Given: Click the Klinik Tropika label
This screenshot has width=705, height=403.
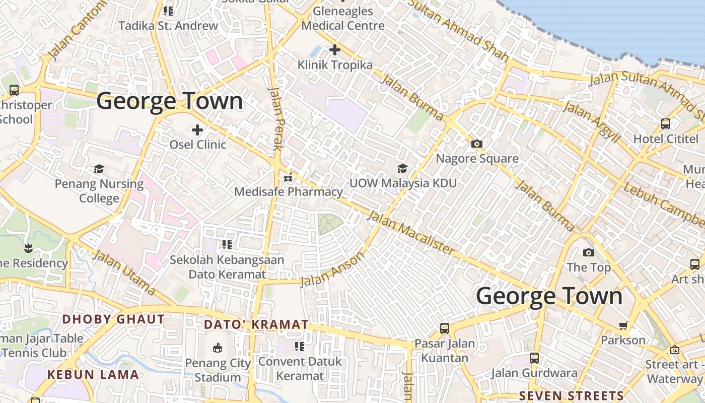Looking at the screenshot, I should coord(335,65).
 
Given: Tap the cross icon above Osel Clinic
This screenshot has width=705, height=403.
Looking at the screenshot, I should coord(197,130).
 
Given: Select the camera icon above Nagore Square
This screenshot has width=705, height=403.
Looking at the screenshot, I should coord(476,144).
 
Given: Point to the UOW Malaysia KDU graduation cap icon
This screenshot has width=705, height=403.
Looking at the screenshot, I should coord(402,168).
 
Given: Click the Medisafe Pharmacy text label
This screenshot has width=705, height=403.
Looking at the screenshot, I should coord(289,192).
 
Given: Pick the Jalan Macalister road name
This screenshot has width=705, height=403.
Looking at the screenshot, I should coord(411,232).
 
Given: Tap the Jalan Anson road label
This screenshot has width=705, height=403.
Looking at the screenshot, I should coord(332,270).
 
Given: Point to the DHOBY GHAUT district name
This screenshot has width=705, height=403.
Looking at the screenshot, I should coord(113,319).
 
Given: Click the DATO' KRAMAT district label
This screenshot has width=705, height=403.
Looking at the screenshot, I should coord(256,325).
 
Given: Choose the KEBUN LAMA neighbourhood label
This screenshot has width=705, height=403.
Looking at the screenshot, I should coord(93,375).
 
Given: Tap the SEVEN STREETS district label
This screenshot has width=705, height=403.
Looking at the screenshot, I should coord(572,396).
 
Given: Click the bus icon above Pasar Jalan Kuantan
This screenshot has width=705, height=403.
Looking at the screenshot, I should coord(444,328).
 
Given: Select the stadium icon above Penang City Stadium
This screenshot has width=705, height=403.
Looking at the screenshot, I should coord(218,348).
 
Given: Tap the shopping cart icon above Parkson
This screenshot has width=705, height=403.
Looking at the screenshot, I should coord(623,325).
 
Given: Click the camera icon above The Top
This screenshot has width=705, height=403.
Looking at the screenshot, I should coord(588,252).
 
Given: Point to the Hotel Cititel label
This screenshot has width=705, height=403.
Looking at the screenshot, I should coord(666,139).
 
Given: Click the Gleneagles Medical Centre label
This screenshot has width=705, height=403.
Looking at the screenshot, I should coord(343,18).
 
